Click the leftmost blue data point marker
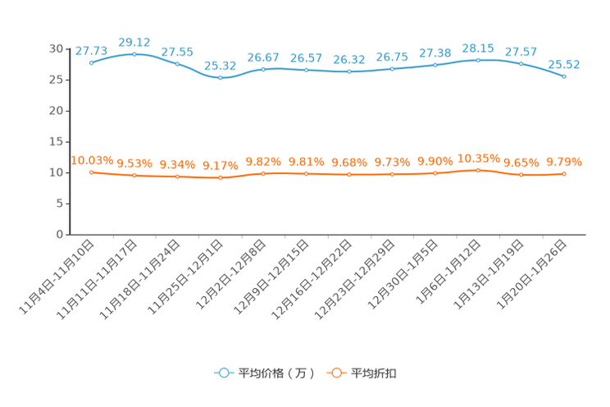91,62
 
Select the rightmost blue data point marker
564,76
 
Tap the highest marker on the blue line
134,53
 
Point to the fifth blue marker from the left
263,69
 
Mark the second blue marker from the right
521,64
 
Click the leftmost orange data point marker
91,172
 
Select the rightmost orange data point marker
564,174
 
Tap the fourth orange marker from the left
220,177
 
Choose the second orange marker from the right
521,175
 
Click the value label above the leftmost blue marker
89,51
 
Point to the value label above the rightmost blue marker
564,64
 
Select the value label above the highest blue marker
134,41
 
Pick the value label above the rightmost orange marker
564,162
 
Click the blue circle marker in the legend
222,373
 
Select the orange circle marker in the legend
335,373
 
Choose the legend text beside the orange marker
375,373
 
